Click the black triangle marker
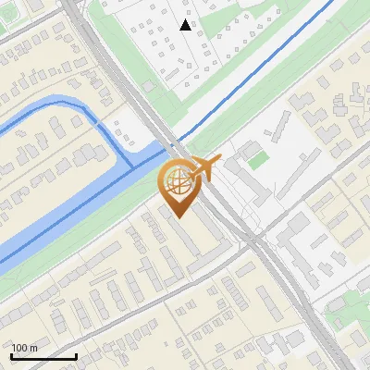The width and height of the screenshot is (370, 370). click(186, 25)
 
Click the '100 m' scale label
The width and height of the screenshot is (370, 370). click(24, 348)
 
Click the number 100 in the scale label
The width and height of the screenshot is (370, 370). click(19, 348)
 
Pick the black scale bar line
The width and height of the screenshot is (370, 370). click(43, 356)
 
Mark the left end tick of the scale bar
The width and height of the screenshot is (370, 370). click(11, 354)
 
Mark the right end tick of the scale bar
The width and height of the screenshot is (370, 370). click(76, 354)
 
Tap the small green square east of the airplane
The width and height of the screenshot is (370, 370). click(257, 160)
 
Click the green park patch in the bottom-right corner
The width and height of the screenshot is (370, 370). click(356, 305)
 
